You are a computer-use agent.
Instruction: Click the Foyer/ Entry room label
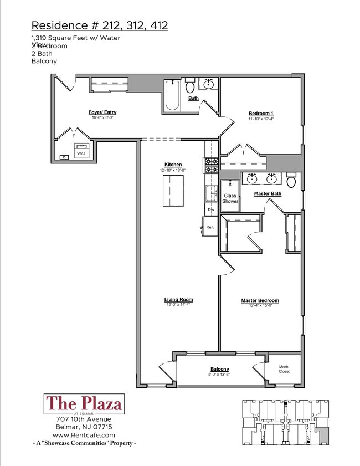[x=102, y=112]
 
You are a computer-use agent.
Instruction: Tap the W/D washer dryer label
[x=81, y=153]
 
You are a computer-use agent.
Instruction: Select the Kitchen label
[x=173, y=165]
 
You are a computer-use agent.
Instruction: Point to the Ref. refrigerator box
[x=210, y=227]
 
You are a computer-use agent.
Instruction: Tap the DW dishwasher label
[x=210, y=209]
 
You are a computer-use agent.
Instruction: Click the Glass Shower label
[x=230, y=198]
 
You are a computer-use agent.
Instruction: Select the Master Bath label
[x=268, y=193]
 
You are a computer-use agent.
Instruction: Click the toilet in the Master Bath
[x=291, y=181]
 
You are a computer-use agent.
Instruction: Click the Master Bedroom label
[x=260, y=301]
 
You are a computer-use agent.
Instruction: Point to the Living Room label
[x=178, y=300]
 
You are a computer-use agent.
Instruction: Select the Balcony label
[x=219, y=370]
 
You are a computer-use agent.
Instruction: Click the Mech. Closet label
[x=284, y=369]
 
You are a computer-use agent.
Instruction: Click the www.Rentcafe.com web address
[x=84, y=435]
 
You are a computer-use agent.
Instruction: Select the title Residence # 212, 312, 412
[x=100, y=25]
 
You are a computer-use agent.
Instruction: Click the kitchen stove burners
[x=211, y=166]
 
